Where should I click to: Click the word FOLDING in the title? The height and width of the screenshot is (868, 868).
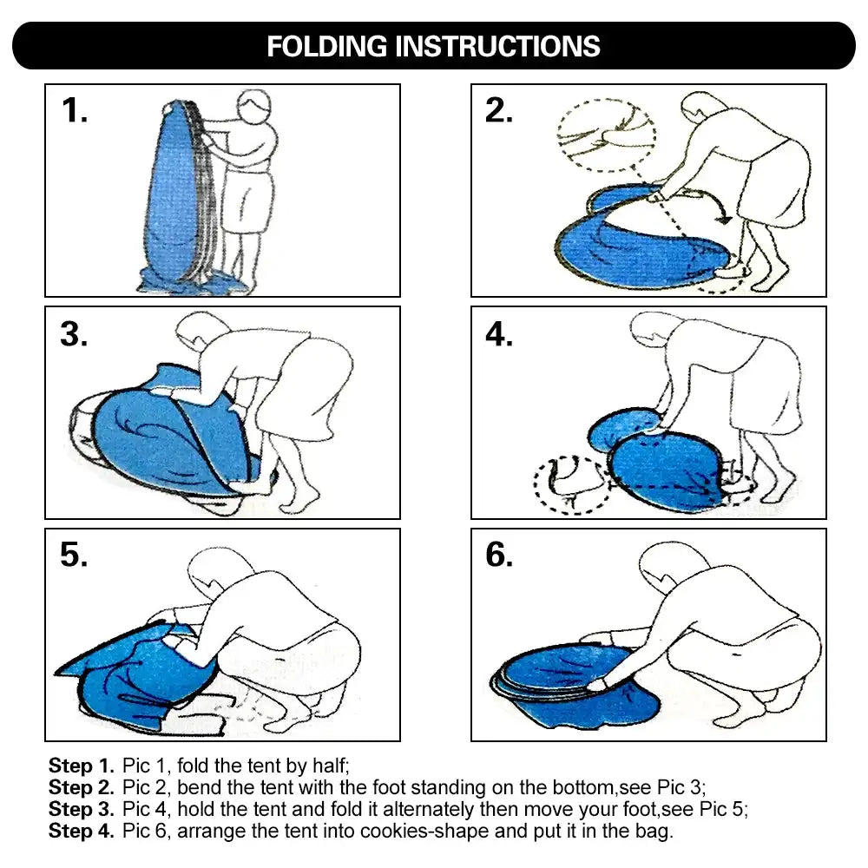click(326, 46)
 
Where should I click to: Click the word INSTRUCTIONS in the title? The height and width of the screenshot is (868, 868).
click(497, 46)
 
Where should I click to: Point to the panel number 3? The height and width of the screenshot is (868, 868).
click(74, 334)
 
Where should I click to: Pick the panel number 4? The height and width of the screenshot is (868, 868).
click(499, 334)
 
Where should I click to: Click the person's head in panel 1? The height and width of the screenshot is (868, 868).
click(254, 108)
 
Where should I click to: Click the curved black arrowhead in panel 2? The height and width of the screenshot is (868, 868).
click(724, 220)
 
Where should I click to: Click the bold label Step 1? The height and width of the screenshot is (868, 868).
click(81, 766)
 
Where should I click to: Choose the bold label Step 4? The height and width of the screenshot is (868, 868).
click(81, 831)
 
